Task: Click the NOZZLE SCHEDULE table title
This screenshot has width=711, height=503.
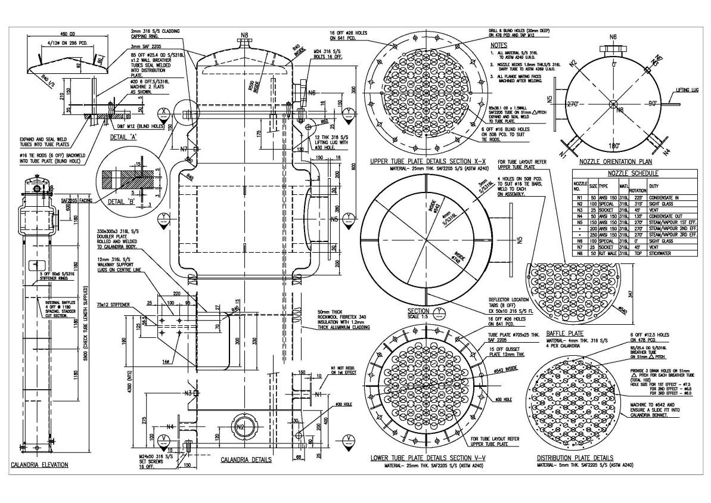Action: (633, 173)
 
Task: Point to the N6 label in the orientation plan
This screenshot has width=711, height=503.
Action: (613, 37)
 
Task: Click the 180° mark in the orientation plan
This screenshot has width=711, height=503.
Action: (613, 145)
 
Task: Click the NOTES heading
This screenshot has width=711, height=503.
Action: (498, 45)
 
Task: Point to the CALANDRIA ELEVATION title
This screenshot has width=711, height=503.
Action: (40, 464)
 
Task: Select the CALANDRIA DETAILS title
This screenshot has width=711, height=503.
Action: (246, 459)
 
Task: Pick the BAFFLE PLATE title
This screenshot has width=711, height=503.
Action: (566, 334)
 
